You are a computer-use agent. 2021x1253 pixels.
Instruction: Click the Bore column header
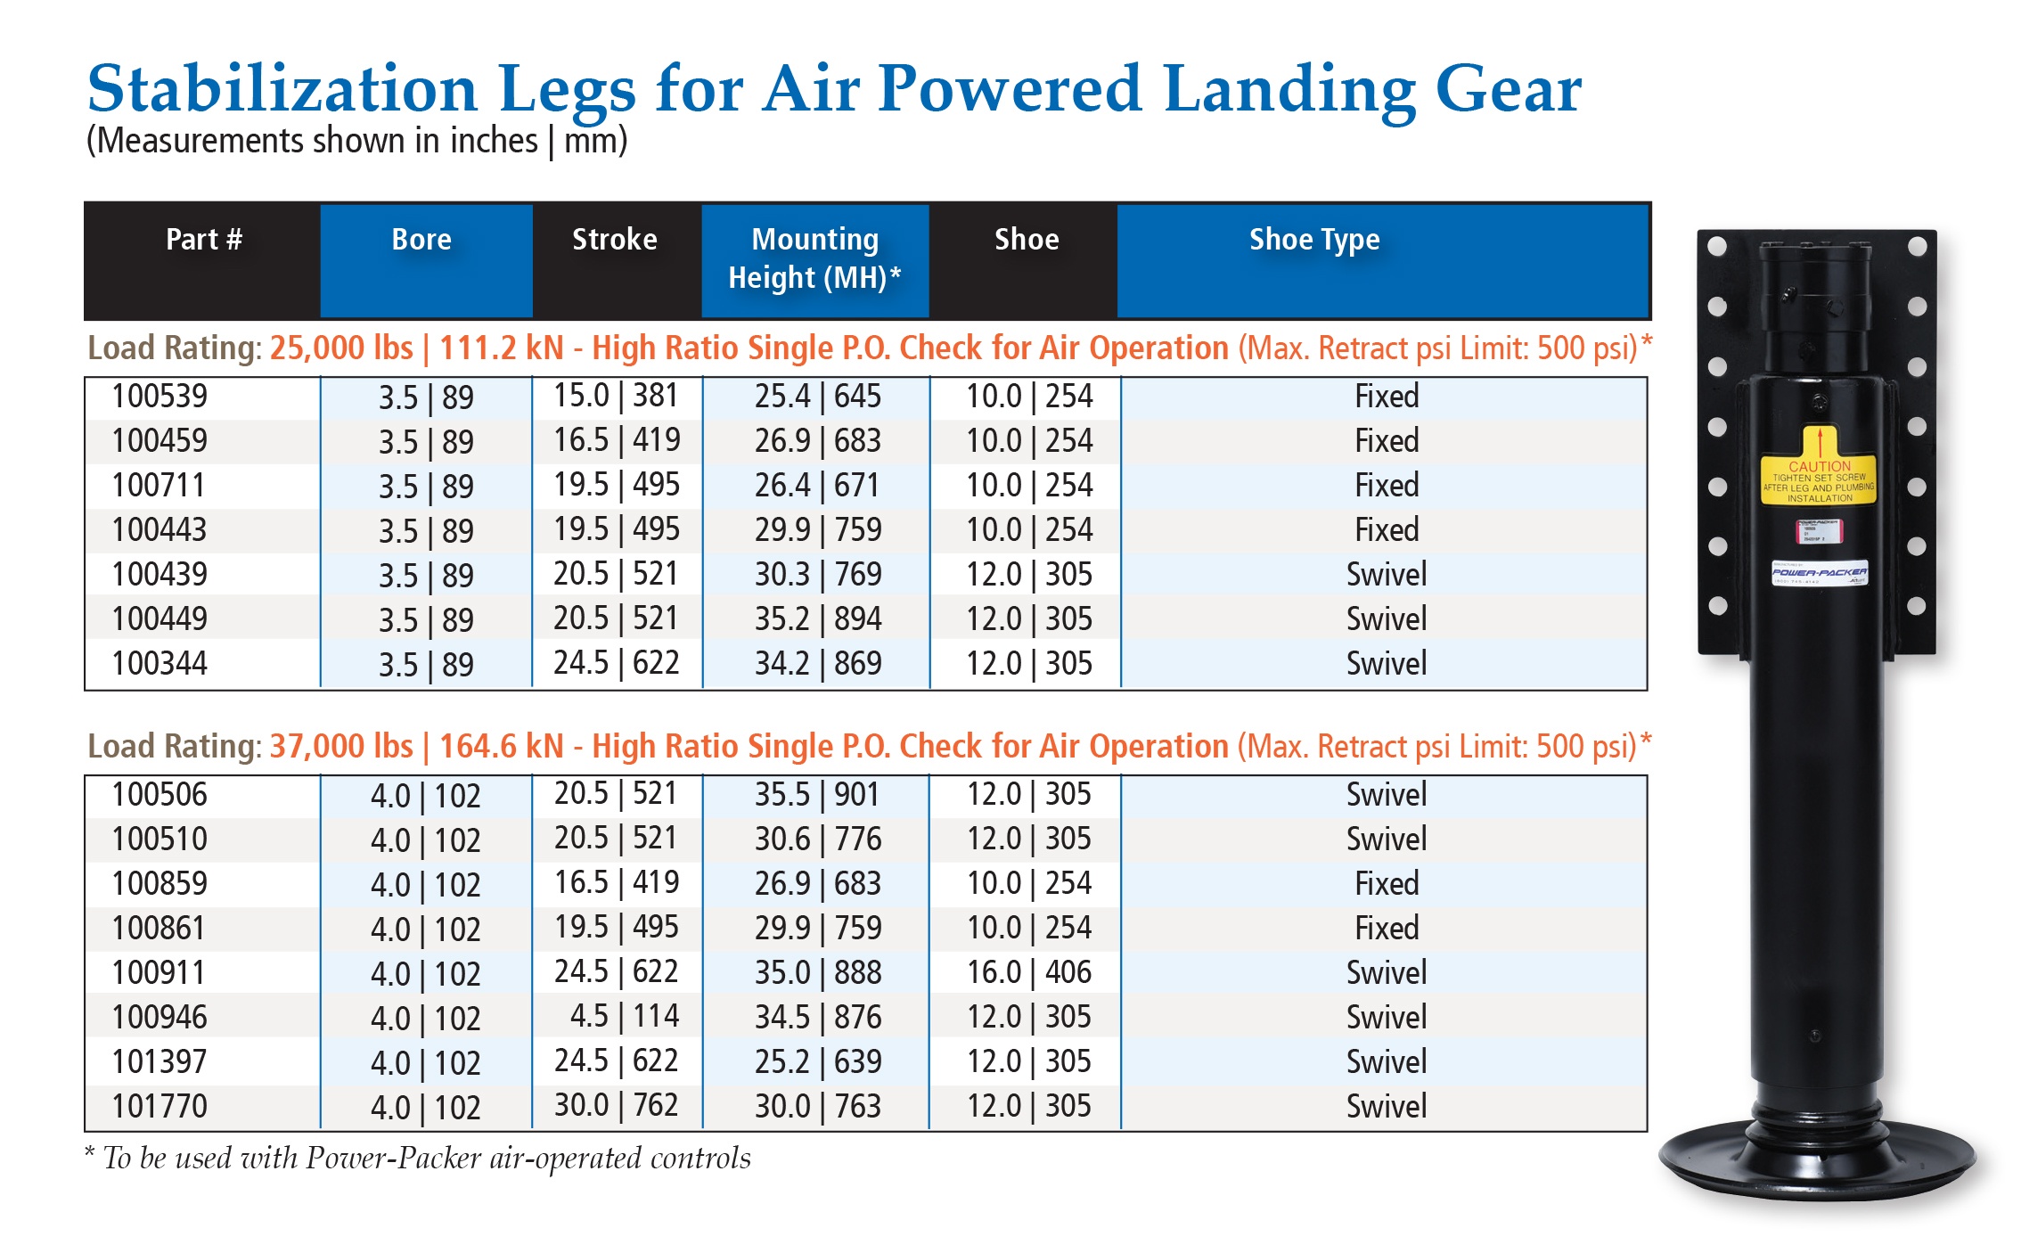pyautogui.click(x=421, y=240)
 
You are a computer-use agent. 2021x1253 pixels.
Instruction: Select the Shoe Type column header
pyautogui.click(x=1314, y=240)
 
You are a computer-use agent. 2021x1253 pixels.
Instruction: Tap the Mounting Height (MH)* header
pyautogui.click(x=814, y=258)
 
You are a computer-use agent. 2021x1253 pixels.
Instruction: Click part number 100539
pyautogui.click(x=160, y=397)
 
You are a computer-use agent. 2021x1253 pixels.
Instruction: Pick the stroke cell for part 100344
pyautogui.click(x=616, y=663)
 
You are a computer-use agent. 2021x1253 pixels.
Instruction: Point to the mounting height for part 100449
pyautogui.click(x=817, y=619)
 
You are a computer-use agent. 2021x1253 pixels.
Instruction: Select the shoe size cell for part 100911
pyautogui.click(x=1028, y=972)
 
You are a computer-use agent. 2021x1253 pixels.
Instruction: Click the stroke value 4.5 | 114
pyautogui.click(x=624, y=1017)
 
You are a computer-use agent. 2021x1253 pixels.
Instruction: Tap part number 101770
pyautogui.click(x=160, y=1107)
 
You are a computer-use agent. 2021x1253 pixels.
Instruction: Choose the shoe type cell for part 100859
pyautogui.click(x=1386, y=884)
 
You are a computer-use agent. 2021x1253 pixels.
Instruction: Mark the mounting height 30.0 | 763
pyautogui.click(x=817, y=1107)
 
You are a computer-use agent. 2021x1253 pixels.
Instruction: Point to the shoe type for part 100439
pyautogui.click(x=1386, y=575)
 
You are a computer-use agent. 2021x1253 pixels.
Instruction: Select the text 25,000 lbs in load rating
pyautogui.click(x=341, y=348)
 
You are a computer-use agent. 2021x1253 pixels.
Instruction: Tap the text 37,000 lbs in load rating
pyautogui.click(x=341, y=747)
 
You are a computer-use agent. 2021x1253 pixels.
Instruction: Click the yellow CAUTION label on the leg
pyautogui.click(x=1819, y=479)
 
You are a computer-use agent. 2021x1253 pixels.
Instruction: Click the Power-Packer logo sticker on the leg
pyautogui.click(x=1819, y=573)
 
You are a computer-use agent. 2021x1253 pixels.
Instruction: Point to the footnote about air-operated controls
pyautogui.click(x=419, y=1159)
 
